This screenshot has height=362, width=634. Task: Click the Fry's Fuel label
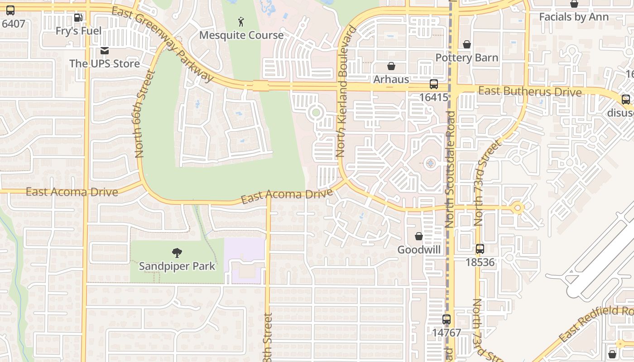(x=78, y=31)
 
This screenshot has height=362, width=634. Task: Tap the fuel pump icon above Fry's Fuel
(x=78, y=18)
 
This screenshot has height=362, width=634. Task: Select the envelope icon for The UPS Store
(x=105, y=50)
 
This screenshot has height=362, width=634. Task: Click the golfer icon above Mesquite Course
(x=241, y=21)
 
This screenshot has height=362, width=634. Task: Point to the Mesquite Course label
(x=241, y=35)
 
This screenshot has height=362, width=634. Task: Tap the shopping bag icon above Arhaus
(x=391, y=66)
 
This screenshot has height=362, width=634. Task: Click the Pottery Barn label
(x=466, y=58)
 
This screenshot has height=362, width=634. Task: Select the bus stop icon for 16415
(x=433, y=84)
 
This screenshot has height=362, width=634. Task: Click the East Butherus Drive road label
(x=530, y=91)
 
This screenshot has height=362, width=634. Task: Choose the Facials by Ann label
(x=574, y=17)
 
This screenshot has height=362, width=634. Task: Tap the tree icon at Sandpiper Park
(x=177, y=253)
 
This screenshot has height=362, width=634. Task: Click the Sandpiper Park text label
(x=177, y=266)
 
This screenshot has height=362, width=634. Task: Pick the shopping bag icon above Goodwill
(x=419, y=236)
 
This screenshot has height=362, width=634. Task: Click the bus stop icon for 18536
(x=480, y=249)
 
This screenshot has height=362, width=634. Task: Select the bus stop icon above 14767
(x=447, y=319)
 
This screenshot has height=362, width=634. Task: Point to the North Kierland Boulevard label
(x=346, y=92)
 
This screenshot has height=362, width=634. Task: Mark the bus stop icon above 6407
(x=10, y=10)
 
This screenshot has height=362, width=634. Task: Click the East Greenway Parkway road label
(x=162, y=45)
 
